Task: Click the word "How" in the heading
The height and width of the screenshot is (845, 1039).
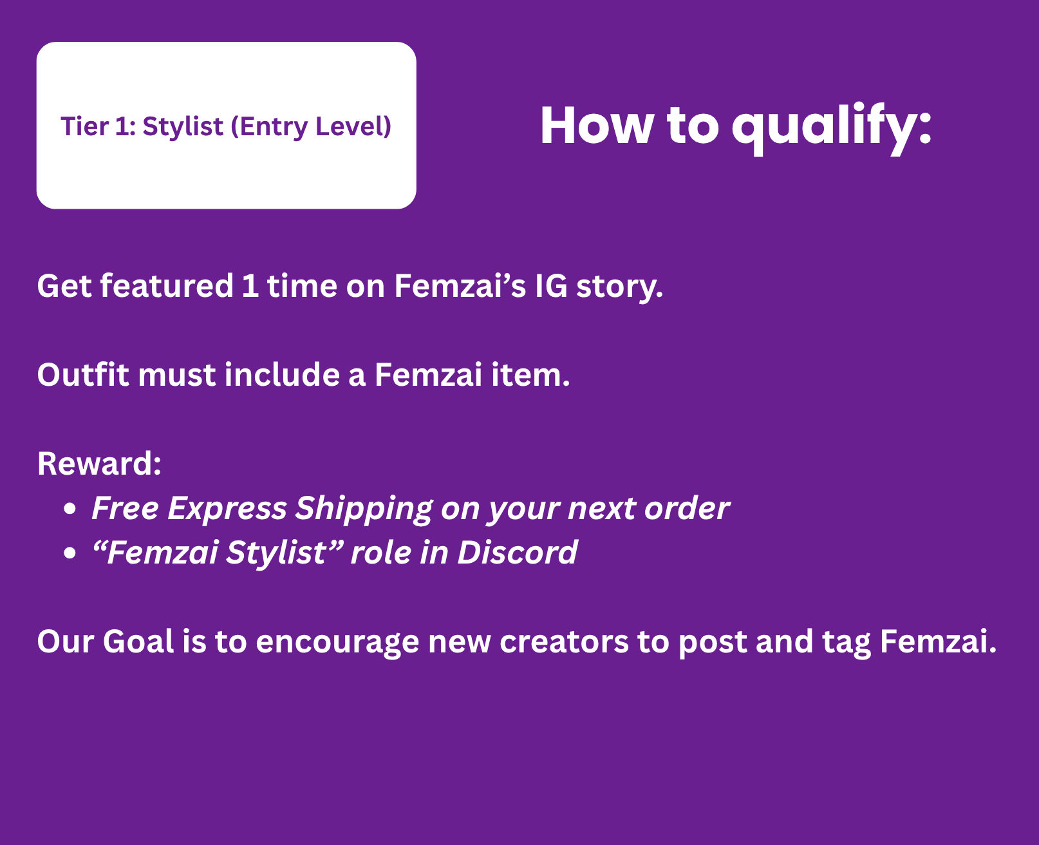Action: (597, 126)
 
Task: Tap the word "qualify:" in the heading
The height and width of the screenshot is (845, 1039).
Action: (832, 129)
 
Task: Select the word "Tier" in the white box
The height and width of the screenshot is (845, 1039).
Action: (84, 126)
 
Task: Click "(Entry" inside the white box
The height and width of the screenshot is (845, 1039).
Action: (269, 127)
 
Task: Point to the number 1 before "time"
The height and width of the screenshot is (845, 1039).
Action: (250, 285)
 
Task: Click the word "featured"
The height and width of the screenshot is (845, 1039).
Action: (167, 285)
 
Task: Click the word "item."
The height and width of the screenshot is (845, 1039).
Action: (530, 375)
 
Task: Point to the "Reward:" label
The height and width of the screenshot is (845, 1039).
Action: (100, 464)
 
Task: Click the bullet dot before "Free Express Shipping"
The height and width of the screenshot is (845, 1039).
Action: (70, 509)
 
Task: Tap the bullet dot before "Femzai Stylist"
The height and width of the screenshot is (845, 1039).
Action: (70, 553)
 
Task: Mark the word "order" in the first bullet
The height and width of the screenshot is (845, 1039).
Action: (687, 508)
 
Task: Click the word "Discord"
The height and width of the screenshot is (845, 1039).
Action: (517, 553)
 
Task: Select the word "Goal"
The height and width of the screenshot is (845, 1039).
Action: (138, 641)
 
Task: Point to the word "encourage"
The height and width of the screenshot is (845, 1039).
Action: (337, 643)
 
